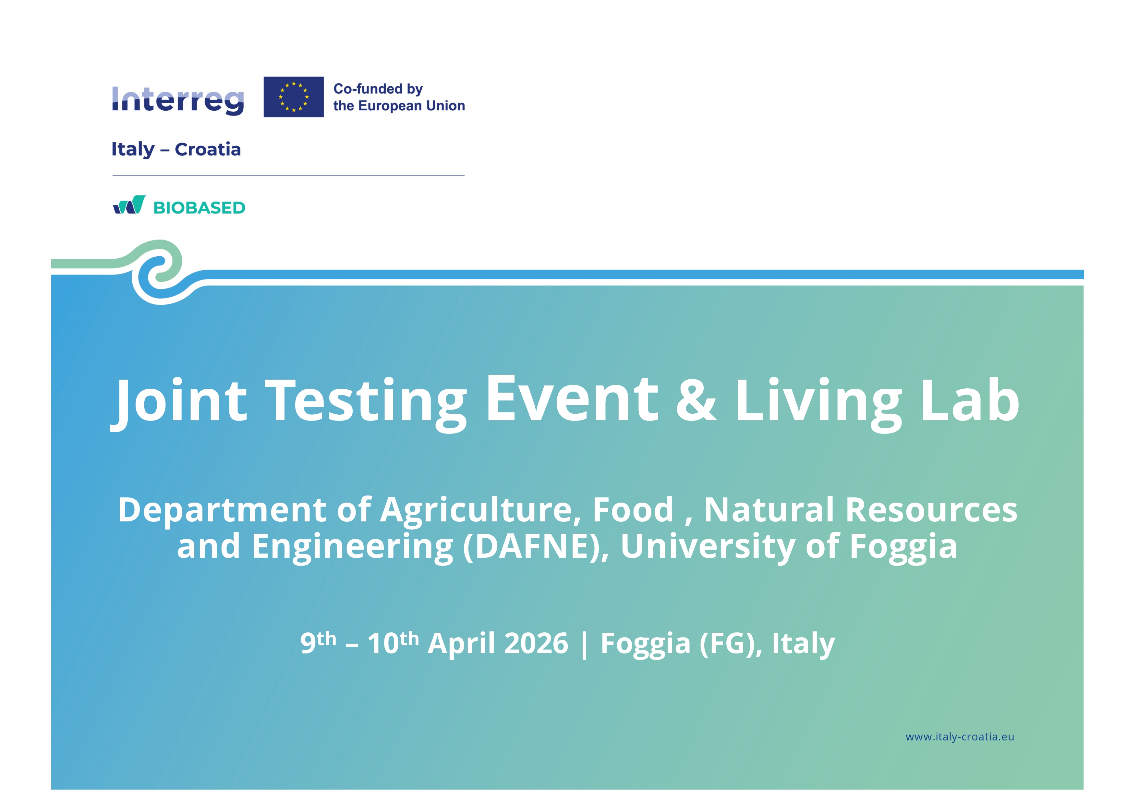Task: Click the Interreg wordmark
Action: [178, 101]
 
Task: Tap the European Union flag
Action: [294, 97]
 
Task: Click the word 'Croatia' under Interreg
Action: [208, 149]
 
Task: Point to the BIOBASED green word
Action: [199, 208]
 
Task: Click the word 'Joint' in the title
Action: [178, 400]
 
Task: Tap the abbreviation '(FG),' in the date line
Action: [731, 644]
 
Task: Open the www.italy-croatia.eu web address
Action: [960, 737]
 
